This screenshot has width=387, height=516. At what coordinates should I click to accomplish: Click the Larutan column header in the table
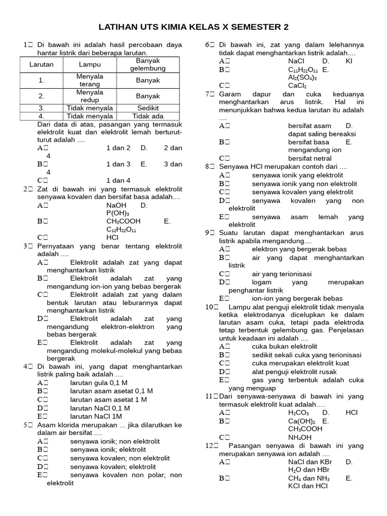[x=41, y=64]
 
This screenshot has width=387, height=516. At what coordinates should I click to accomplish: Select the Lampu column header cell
[x=90, y=64]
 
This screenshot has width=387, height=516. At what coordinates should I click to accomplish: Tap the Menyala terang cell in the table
[x=90, y=80]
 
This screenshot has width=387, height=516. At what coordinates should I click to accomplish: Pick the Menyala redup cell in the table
[x=90, y=96]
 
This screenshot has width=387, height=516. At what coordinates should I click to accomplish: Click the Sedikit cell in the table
[x=148, y=108]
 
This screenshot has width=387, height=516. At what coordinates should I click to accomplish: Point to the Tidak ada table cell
[x=148, y=116]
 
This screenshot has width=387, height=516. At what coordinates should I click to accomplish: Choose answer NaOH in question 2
[x=116, y=205]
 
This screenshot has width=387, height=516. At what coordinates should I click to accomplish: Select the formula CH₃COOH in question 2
[x=123, y=221]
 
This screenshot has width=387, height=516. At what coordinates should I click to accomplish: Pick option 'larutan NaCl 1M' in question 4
[x=96, y=416]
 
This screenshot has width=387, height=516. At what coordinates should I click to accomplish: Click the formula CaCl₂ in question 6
[x=297, y=86]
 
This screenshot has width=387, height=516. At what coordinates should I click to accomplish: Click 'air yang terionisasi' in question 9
[x=282, y=274]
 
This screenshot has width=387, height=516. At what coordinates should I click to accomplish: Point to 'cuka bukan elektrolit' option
[x=285, y=347]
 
